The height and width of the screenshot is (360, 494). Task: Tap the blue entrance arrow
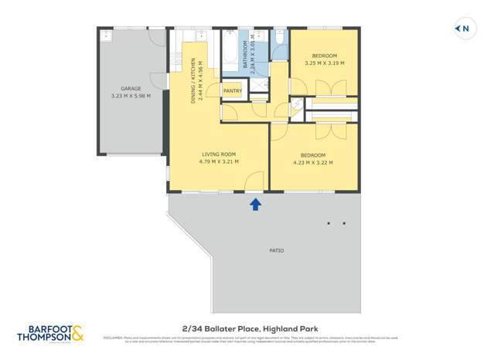point(255,203)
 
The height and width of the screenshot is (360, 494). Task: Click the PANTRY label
point(232,91)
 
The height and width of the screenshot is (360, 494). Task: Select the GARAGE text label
point(131,89)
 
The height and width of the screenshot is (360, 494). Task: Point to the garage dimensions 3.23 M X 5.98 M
point(131,97)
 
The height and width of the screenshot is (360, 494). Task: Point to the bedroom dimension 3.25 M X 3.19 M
point(324,63)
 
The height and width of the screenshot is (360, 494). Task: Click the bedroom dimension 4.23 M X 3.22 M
point(312,163)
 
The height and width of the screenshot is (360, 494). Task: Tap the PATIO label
point(276,250)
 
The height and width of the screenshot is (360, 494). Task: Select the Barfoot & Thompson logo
point(50,334)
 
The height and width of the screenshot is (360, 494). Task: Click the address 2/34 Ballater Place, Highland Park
point(247,328)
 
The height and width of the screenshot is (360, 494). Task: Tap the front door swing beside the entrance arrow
point(253,182)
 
